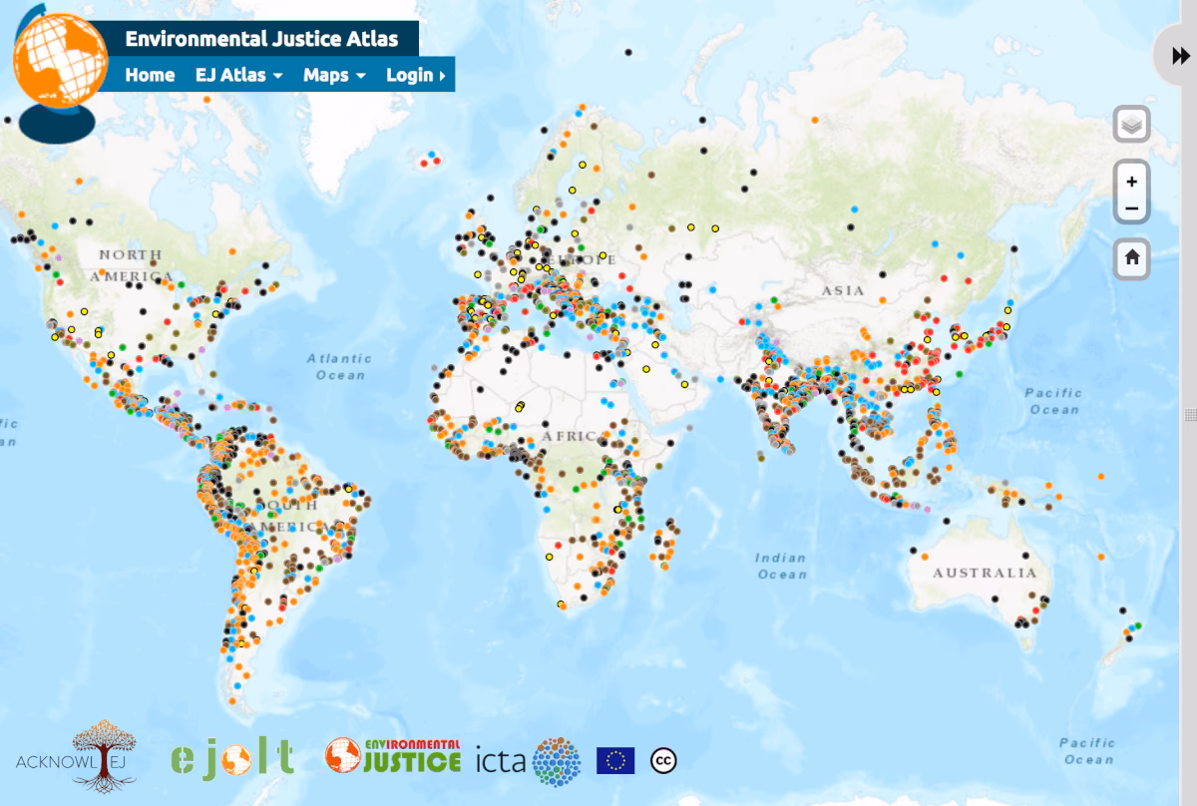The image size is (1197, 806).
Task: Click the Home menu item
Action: coord(150,75)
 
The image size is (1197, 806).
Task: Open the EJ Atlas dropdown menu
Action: coord(238,75)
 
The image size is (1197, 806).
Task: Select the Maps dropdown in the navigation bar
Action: coord(334,75)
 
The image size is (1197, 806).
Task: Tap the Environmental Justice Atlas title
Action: coord(261,39)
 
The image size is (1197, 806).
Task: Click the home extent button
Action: coord(1131,258)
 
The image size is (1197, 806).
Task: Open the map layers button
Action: coord(1131,126)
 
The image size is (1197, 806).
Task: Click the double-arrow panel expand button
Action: coord(1180,57)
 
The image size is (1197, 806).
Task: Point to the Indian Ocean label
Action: coord(781,566)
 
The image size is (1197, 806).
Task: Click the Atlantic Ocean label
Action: coord(339,366)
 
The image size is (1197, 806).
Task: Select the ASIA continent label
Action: coord(843,290)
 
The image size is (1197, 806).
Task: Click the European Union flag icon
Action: coord(615,760)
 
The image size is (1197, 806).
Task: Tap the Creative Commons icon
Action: coord(663,760)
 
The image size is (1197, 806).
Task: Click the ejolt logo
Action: coord(231,757)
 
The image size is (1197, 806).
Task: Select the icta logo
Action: coord(528,761)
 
